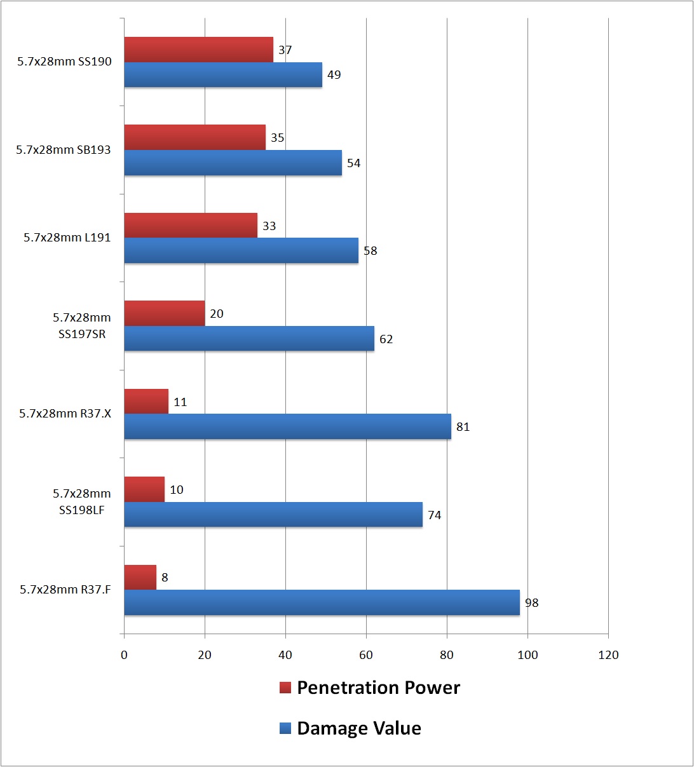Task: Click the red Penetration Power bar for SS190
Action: [198, 50]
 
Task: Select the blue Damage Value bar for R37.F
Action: [322, 602]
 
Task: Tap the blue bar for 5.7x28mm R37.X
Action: [287, 426]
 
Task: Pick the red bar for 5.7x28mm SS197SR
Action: [165, 314]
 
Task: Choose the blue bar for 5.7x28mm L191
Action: [241, 250]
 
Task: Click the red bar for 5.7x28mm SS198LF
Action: [144, 490]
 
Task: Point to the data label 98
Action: [531, 603]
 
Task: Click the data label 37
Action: [285, 50]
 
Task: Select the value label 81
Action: [463, 427]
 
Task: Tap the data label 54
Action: [353, 163]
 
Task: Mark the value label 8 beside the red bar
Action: [165, 578]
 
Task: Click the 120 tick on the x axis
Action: [608, 655]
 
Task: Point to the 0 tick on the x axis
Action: [124, 655]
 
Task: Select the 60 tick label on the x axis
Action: [366, 655]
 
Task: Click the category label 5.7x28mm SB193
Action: [64, 150]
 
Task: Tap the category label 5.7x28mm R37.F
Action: [65, 590]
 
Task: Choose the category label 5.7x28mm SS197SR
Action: [81, 326]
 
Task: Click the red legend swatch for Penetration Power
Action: [285, 688]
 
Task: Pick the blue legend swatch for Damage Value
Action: [285, 728]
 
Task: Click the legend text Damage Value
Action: [359, 728]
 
